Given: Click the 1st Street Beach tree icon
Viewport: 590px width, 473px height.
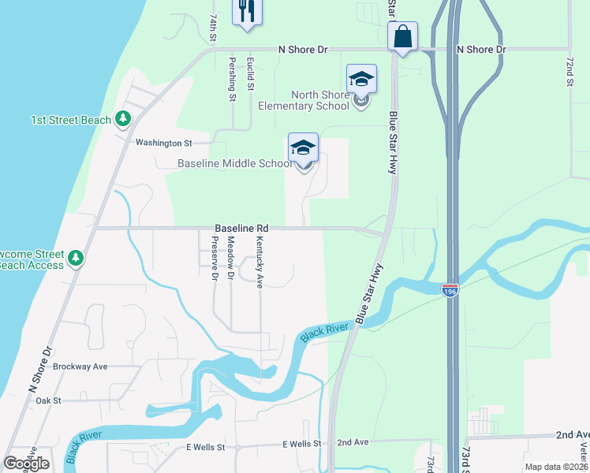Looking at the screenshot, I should point(122,119).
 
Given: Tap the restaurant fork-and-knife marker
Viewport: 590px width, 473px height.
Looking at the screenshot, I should point(247,11).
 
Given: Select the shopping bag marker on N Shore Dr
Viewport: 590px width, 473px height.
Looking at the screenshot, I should point(402,36).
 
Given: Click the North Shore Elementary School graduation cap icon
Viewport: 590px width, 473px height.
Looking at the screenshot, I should point(361,80).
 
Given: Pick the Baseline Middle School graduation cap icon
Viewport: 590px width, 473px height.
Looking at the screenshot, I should point(303,148).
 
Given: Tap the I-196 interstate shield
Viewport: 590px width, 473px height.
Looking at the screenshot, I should point(450,290).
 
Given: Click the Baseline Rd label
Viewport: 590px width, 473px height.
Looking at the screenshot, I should point(236,228).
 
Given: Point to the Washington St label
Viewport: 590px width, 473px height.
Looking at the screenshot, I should point(164,143).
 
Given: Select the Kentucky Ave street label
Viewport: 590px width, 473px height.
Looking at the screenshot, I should point(259,261).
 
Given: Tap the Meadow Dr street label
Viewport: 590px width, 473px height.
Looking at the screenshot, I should point(230,257).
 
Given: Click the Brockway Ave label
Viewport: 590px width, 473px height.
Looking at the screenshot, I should point(80,367).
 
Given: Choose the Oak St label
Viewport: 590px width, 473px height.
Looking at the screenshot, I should point(48,400).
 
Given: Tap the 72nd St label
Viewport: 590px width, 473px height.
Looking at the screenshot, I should point(569,71).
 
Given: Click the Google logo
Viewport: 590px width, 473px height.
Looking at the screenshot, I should point(26,464).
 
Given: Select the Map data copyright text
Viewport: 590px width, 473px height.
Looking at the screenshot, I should point(556,467).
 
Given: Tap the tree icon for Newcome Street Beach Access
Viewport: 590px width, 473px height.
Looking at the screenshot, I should point(76,257).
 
